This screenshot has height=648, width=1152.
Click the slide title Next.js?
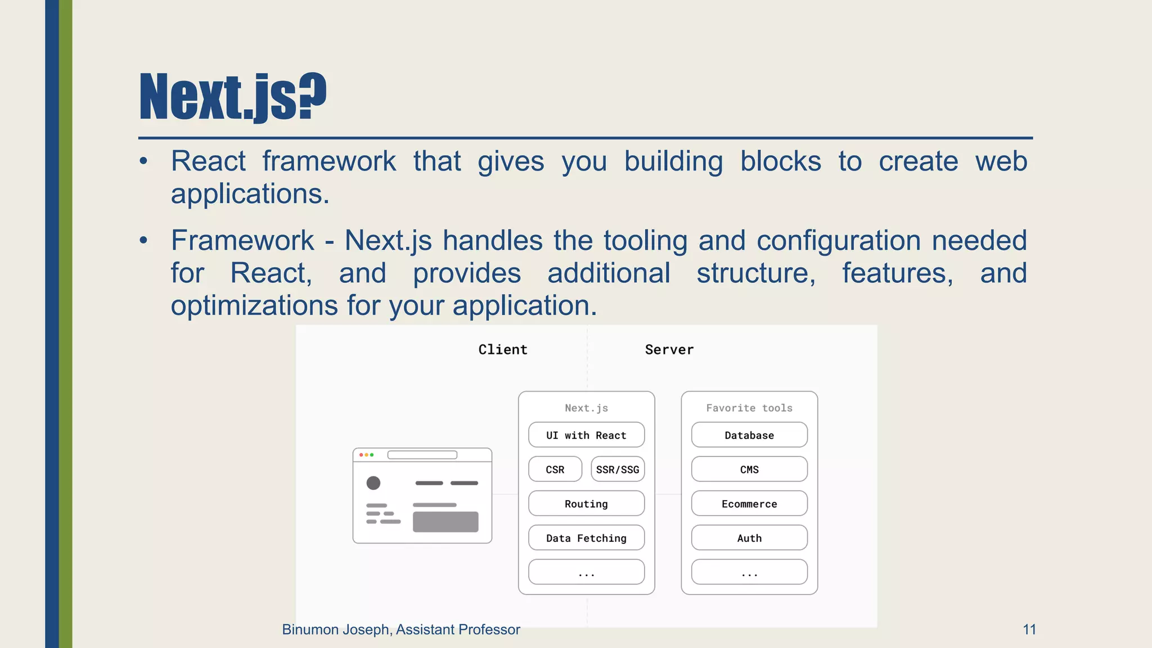coord(232,97)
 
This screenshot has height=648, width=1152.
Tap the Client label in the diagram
coord(503,349)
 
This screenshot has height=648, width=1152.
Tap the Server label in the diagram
coord(669,349)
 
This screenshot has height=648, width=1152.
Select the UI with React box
coord(586,435)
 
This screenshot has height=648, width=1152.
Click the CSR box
coord(555,469)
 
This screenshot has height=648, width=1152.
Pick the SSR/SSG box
coord(618,469)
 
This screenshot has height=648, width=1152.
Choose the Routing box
coord(586,503)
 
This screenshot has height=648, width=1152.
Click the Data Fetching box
coord(586,538)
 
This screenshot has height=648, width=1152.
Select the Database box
coord(749,435)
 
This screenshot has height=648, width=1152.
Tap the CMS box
coord(749,469)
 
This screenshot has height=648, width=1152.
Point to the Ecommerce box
coord(749,503)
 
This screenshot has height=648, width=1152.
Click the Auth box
coord(749,538)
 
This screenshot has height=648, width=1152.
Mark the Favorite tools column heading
coord(749,408)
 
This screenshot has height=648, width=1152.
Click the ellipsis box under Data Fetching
coord(586,572)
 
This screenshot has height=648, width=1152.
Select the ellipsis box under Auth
coord(749,572)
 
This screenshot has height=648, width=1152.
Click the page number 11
coord(1029,629)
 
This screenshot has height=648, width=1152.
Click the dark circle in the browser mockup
coord(373,483)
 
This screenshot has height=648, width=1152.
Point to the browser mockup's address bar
coord(422,454)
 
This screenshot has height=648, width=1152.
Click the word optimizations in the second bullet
coord(254,306)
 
